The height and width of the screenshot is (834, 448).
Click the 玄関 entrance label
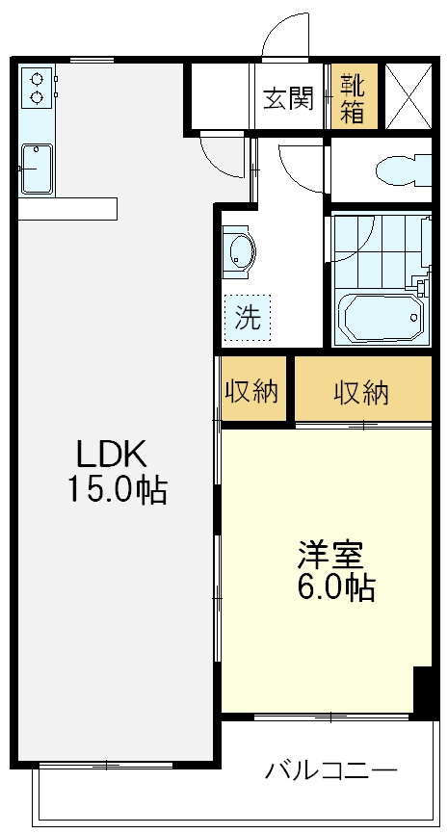pyautogui.click(x=288, y=96)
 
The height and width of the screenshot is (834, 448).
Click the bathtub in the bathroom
pyautogui.click(x=382, y=318)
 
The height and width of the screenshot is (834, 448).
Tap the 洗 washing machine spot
pyautogui.click(x=249, y=318)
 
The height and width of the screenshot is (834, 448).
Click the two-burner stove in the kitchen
pyautogui.click(x=37, y=88)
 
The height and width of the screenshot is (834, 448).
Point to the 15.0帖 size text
pyautogui.click(x=116, y=491)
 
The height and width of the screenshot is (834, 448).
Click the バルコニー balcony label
pyautogui.click(x=330, y=770)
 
